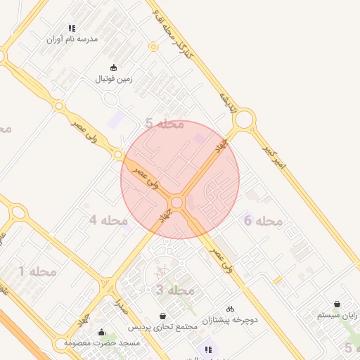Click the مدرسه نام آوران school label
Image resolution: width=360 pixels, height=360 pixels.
72,39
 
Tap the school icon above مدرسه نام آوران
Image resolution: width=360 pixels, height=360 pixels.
72,29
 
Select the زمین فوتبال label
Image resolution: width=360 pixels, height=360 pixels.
114,79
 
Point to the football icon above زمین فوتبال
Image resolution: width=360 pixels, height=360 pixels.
114,68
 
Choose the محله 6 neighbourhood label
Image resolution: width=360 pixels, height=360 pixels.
262,221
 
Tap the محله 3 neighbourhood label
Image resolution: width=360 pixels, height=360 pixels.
174,290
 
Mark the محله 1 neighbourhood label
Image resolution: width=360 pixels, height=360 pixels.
37,271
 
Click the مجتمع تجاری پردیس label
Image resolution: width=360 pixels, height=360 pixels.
162,327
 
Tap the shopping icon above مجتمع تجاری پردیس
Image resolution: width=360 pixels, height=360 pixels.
163,316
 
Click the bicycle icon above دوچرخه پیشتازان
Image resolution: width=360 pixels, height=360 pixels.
230,309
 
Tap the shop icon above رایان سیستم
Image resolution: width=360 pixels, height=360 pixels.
337,304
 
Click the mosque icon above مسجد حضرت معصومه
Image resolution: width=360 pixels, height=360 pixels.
101,332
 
